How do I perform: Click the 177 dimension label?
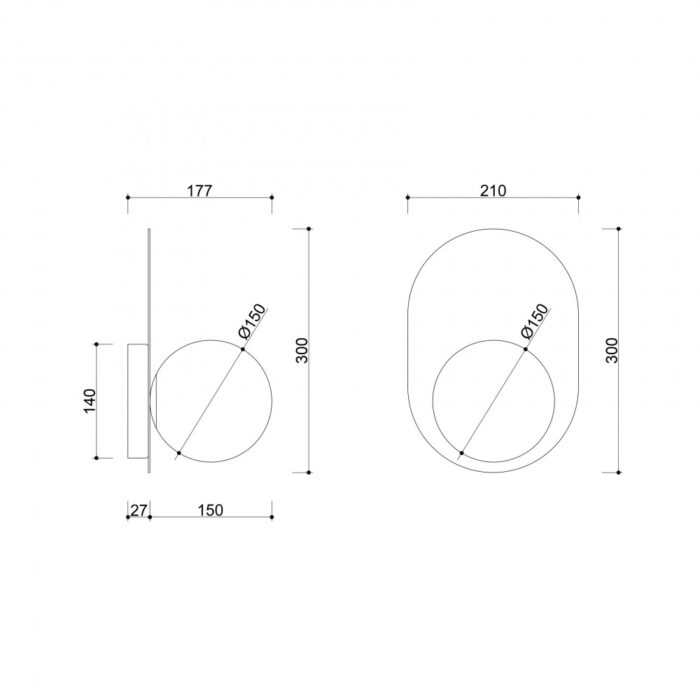point(199,191)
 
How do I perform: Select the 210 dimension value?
point(493,191)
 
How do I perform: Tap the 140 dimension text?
point(90,401)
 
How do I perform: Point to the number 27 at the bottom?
point(138,510)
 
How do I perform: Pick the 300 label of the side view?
point(302,350)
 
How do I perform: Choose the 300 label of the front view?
point(612,350)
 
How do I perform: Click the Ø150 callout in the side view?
point(252,321)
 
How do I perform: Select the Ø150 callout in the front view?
point(534,321)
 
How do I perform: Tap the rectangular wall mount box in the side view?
point(138,401)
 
